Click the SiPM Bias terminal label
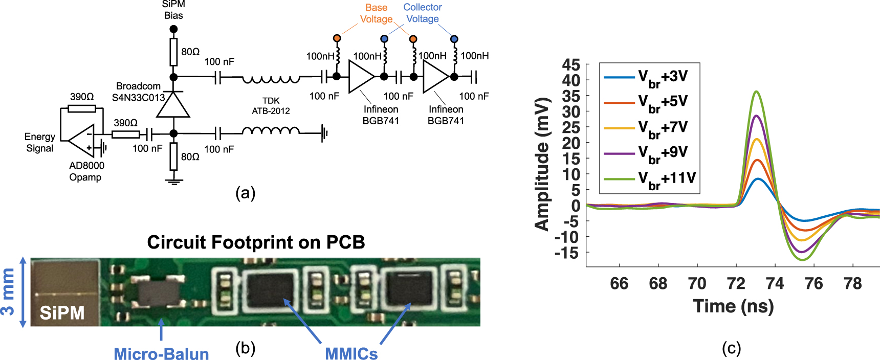tap(173, 10)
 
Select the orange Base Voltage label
tap(376, 13)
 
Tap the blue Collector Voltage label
tap(423, 13)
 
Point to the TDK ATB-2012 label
tap(271, 106)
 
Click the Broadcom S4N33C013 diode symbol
tap(173, 105)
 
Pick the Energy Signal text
tap(39, 143)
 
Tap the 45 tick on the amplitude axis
tap(571, 65)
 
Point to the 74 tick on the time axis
tap(775, 283)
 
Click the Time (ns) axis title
tap(733, 306)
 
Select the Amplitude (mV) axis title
tap(542, 164)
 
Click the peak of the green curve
tap(756, 92)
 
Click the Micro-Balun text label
tap(161, 353)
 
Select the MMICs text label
tap(351, 353)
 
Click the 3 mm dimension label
tap(8, 292)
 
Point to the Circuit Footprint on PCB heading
tap(256, 242)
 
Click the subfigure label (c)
tap(731, 348)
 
